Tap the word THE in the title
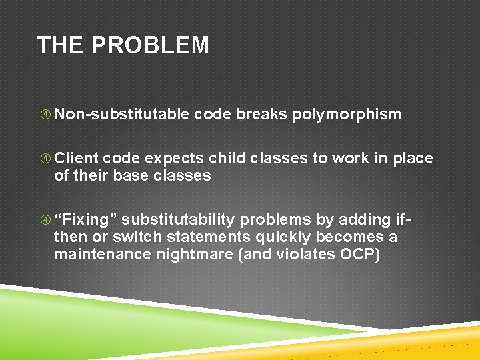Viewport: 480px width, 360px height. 62,45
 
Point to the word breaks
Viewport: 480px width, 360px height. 261,115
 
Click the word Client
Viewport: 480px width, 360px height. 76,159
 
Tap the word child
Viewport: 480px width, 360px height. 227,159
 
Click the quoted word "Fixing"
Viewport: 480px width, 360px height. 86,220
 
